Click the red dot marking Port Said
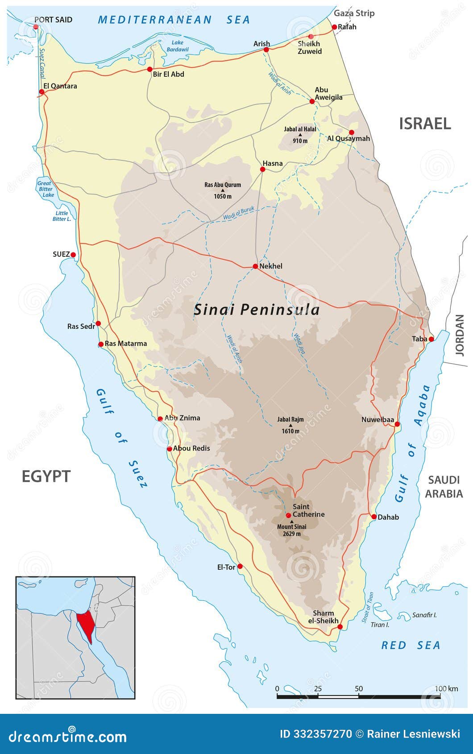pyautogui.click(x=36, y=27)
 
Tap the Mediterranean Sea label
pyautogui.click(x=174, y=20)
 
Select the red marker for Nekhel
pyautogui.click(x=255, y=266)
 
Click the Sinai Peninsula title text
pyautogui.click(x=257, y=310)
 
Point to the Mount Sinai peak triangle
pyautogui.click(x=292, y=521)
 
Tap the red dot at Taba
pyautogui.click(x=431, y=339)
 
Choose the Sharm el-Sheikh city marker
pyautogui.click(x=340, y=627)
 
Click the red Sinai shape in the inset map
pyautogui.click(x=85, y=625)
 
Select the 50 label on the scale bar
pyautogui.click(x=359, y=688)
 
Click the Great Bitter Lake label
pyautogui.click(x=45, y=189)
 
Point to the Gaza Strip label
pyautogui.click(x=354, y=13)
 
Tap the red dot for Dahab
pyautogui.click(x=374, y=517)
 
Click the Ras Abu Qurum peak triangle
pyautogui.click(x=223, y=191)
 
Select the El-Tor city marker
pyautogui.click(x=240, y=566)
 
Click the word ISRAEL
pyautogui.click(x=425, y=124)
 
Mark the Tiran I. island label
pyautogui.click(x=380, y=625)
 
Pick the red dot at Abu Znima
pyautogui.click(x=160, y=418)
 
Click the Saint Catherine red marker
pyautogui.click(x=288, y=515)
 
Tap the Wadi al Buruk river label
pyautogui.click(x=239, y=213)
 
